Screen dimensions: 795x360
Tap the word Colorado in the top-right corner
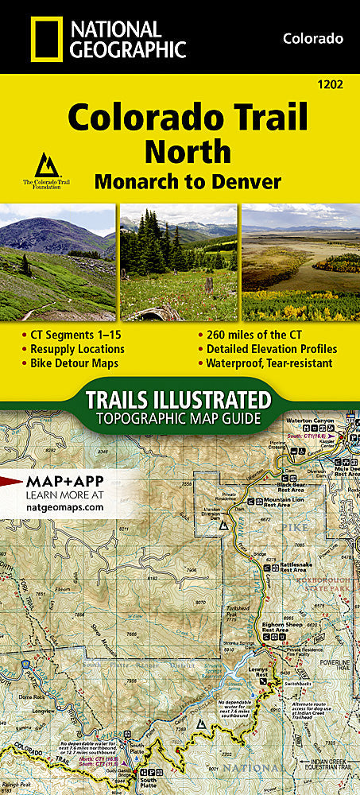click(313, 38)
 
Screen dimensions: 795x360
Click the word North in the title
click(187, 151)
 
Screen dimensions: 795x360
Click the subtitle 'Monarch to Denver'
click(188, 181)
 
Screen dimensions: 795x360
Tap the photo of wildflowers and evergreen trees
click(179, 262)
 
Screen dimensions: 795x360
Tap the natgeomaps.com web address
click(67, 506)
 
